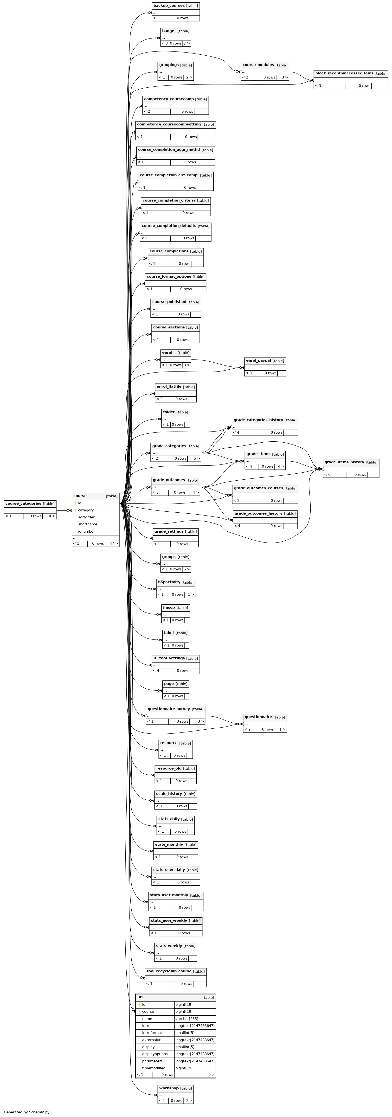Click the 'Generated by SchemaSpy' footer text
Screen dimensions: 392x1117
point(26,1112)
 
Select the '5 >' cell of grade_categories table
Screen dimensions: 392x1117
point(197,458)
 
